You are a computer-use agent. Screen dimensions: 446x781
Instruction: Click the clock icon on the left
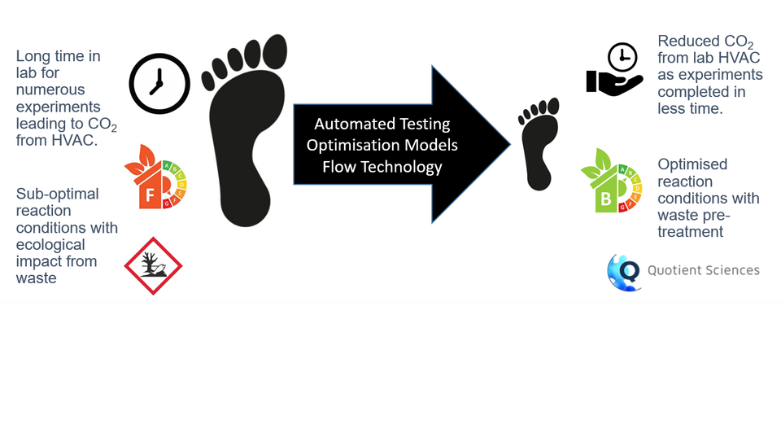point(159,82)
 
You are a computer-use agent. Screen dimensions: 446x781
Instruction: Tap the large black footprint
point(244,146)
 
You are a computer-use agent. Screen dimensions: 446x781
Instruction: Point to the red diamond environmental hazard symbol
point(153,265)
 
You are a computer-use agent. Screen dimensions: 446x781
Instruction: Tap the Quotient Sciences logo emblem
point(624,271)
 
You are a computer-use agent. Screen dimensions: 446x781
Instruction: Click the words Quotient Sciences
point(704,270)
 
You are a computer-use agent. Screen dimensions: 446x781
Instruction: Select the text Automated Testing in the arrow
point(382,125)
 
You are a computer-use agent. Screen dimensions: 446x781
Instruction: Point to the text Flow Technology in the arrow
point(382,167)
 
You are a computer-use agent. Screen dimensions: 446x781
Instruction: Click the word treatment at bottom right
point(690,232)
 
